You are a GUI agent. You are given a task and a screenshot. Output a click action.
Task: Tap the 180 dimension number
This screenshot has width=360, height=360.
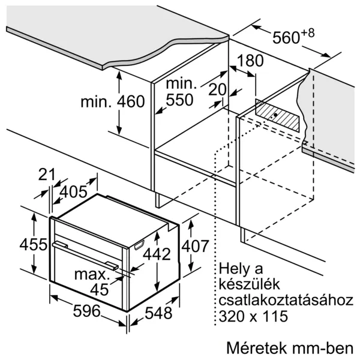(250, 61)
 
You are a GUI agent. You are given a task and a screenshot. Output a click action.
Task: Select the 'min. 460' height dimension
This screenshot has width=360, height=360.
(113, 101)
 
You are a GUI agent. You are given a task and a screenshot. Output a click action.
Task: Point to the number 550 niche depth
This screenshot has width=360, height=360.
(179, 100)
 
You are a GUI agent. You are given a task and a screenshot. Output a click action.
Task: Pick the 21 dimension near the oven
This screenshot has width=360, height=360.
(47, 174)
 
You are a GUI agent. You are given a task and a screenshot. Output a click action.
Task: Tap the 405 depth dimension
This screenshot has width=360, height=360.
(73, 191)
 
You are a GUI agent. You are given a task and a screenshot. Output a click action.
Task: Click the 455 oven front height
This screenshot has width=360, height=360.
(34, 244)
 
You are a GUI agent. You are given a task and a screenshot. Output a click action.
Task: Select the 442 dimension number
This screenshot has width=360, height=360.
(157, 254)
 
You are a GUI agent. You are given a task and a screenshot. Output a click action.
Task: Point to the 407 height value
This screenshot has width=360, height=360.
(195, 246)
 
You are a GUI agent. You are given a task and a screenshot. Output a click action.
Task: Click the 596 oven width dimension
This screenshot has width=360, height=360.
(87, 311)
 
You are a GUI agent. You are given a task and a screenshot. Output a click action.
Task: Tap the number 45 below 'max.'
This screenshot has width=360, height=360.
(99, 290)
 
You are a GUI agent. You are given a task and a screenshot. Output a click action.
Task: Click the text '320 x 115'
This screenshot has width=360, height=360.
(253, 316)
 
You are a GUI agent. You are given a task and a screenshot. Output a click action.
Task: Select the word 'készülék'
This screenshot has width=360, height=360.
(250, 284)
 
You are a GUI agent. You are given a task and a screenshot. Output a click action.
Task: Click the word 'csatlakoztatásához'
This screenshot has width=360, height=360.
(286, 300)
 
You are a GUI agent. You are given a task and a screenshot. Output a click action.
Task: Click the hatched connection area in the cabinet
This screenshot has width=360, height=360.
(277, 116)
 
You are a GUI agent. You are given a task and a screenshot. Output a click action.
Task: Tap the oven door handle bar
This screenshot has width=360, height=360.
(85, 255)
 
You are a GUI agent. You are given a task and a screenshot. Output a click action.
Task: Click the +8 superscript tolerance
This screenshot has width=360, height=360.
(307, 33)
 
